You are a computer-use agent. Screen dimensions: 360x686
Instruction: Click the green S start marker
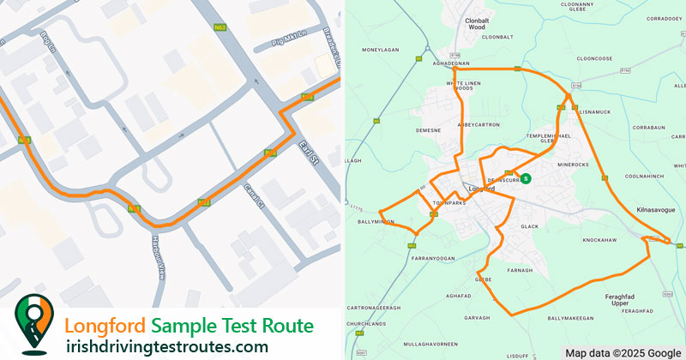coord(527,178)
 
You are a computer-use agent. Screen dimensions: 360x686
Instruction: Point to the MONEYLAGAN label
coord(382,50)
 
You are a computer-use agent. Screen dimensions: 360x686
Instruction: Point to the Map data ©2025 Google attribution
coord(623,352)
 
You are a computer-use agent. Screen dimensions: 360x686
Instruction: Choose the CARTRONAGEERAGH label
coord(374,307)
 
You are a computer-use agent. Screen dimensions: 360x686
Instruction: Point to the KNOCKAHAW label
coord(599,240)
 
